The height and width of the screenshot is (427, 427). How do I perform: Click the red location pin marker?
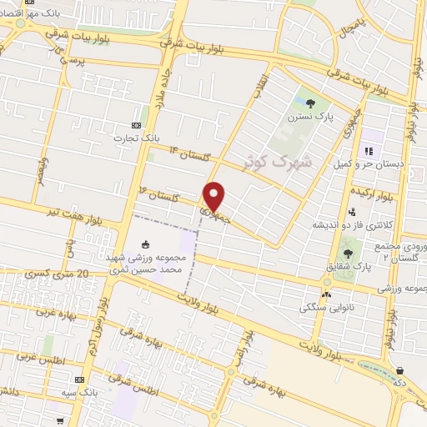pyautogui.click(x=214, y=195)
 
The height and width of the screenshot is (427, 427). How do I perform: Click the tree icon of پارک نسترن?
pyautogui.click(x=310, y=104)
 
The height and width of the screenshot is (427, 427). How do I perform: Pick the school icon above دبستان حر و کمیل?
pyautogui.click(x=368, y=152)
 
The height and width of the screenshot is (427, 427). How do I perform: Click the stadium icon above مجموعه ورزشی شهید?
pyautogui.click(x=147, y=244)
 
